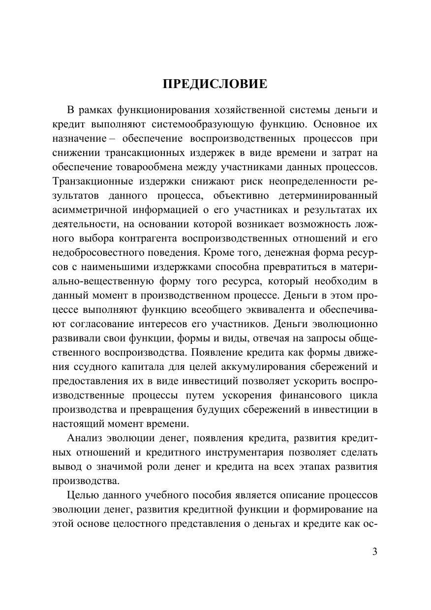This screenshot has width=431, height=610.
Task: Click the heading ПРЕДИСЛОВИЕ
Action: pyautogui.click(x=215, y=84)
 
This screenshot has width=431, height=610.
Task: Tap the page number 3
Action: pyautogui.click(x=375, y=551)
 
